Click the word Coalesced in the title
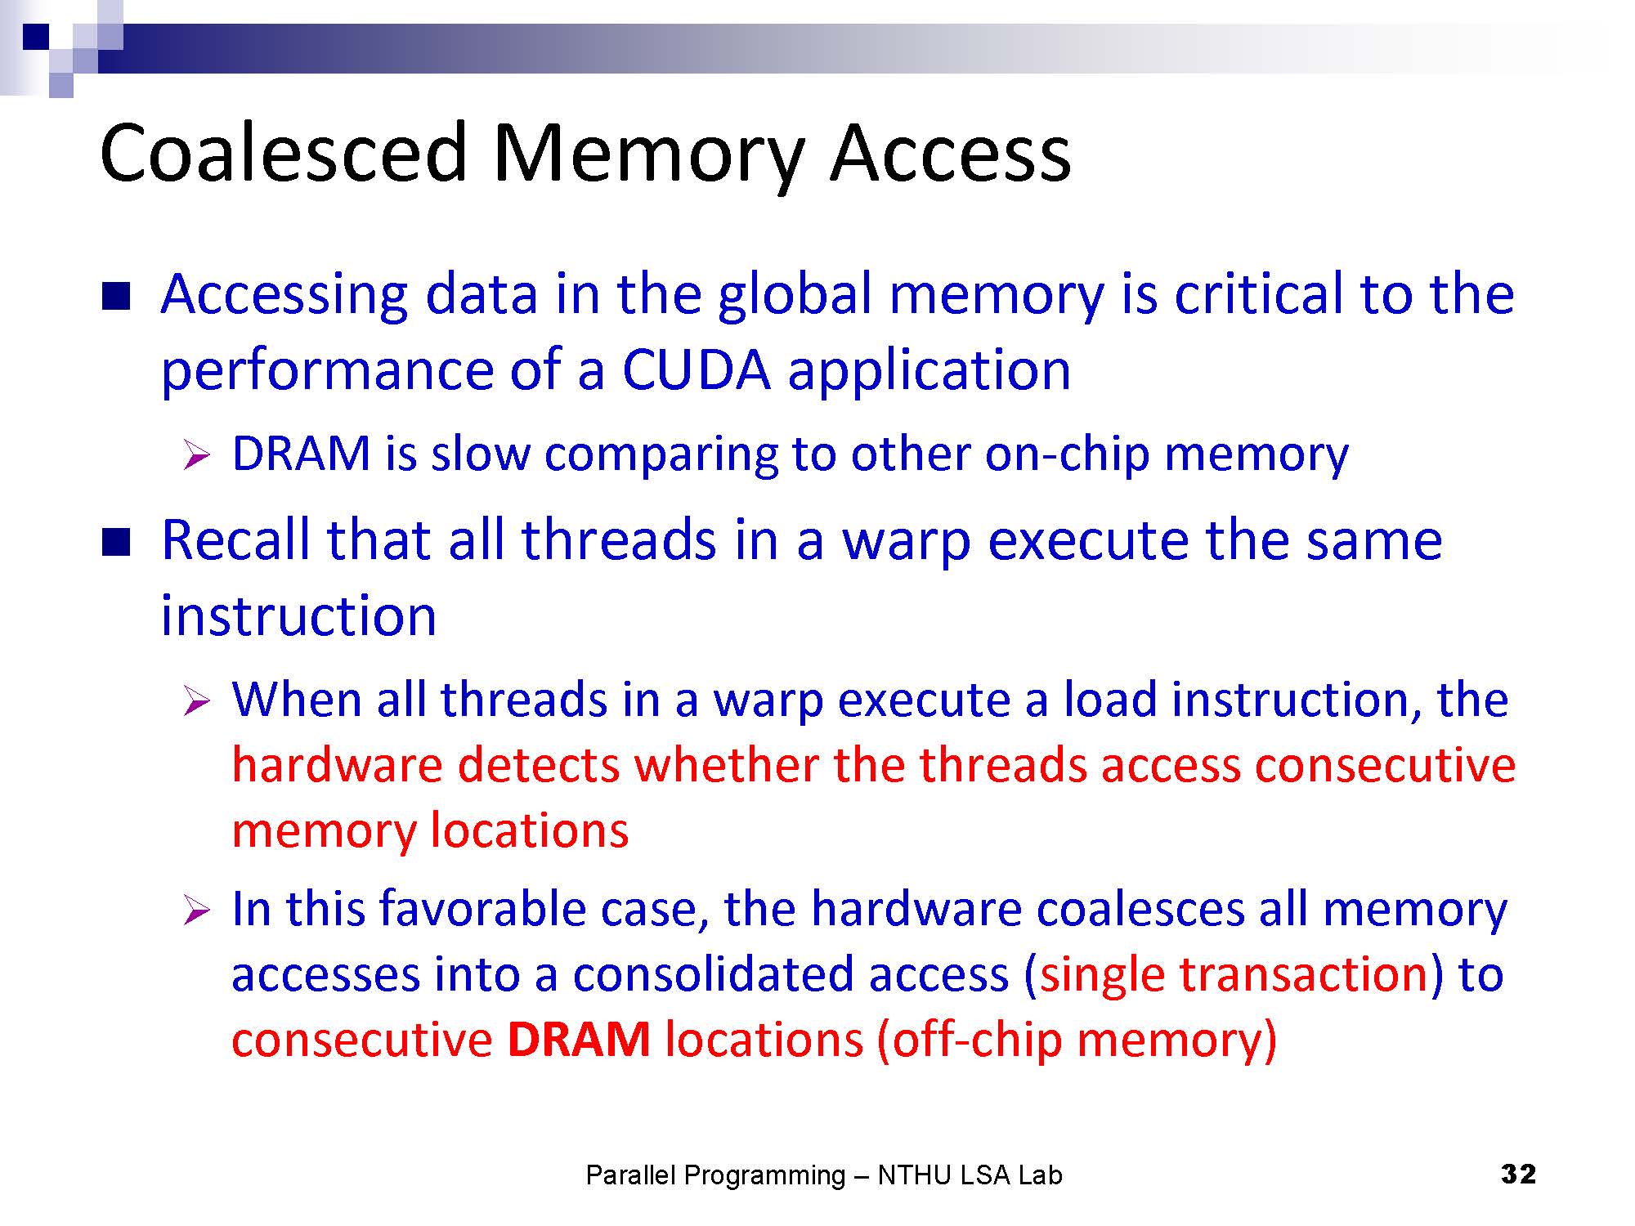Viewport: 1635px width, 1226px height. pos(283,153)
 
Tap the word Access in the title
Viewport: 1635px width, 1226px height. pos(950,153)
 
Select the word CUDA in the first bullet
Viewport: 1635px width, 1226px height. pos(696,369)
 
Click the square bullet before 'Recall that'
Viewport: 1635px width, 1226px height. pos(116,542)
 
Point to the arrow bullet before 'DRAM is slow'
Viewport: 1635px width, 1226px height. pos(197,454)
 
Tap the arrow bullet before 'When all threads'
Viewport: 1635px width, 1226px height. pos(197,700)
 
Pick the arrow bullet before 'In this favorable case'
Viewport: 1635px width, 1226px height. pos(197,910)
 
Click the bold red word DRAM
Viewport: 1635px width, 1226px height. pos(578,1040)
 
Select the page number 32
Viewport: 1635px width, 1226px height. pos(1518,1175)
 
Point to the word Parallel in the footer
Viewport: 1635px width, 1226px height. pos(630,1175)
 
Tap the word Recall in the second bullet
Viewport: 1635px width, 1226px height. pos(235,540)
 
